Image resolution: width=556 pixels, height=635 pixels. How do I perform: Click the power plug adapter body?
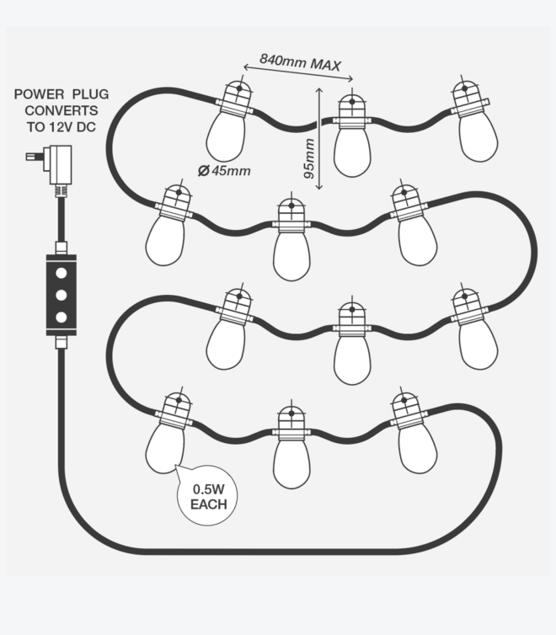60,162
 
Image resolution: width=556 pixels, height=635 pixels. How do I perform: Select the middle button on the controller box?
61,295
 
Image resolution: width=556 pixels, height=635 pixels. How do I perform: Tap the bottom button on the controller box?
61,316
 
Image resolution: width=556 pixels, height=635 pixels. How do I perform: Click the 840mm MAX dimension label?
300,61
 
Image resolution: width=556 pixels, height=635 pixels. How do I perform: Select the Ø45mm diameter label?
225,171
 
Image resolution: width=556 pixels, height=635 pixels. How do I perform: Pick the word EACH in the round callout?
207,504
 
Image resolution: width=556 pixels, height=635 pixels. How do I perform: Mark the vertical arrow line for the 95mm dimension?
319,139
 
